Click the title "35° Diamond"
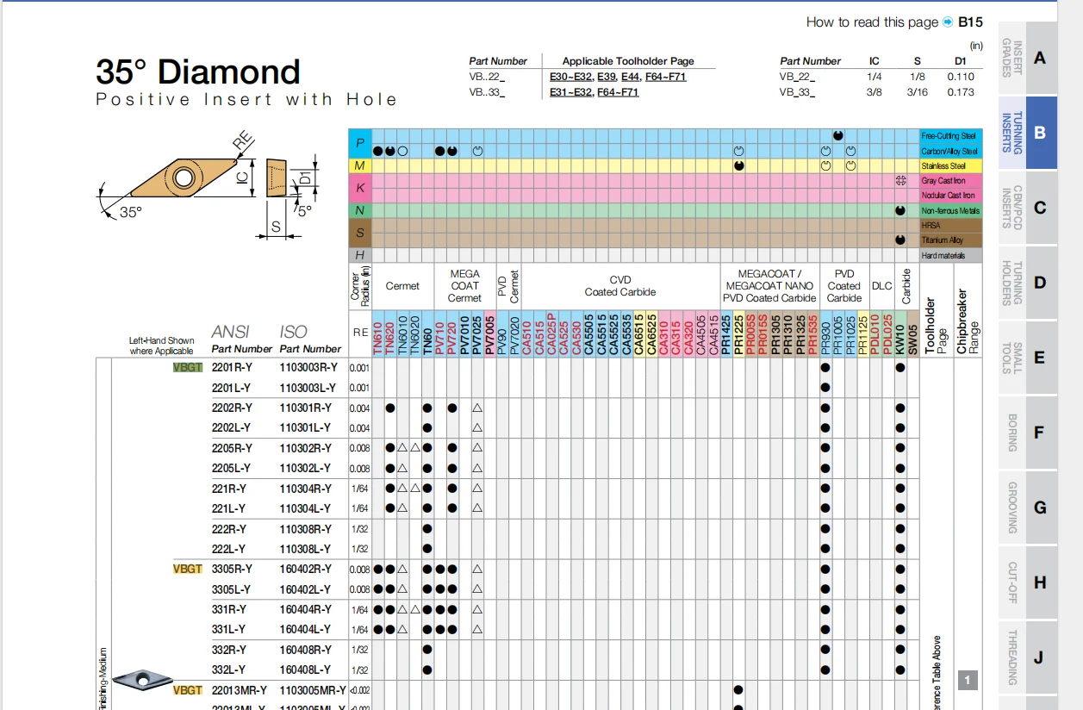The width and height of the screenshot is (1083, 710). [x=198, y=72]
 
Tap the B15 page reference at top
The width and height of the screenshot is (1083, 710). [x=970, y=22]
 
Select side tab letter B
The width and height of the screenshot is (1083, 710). [x=1040, y=133]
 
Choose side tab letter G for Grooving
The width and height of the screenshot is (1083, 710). [x=1040, y=508]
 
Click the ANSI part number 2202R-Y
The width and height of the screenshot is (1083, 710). [x=232, y=408]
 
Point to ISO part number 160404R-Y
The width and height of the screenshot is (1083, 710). [x=305, y=609]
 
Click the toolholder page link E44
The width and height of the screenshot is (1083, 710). [x=629, y=77]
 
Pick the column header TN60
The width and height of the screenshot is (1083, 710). [x=427, y=336]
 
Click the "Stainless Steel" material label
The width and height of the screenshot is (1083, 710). [x=943, y=166]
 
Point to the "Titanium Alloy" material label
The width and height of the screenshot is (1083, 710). [x=943, y=240]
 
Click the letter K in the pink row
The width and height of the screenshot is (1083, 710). [x=360, y=188]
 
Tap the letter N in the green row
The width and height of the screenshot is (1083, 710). [x=360, y=211]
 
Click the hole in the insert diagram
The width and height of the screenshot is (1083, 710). [x=183, y=178]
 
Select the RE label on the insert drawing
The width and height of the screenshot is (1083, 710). [x=243, y=140]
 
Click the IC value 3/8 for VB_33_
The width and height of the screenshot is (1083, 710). [x=874, y=92]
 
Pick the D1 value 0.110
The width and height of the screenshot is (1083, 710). [x=960, y=77]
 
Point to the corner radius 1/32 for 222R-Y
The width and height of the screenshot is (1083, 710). [x=359, y=529]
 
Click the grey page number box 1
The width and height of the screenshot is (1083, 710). [x=968, y=681]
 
